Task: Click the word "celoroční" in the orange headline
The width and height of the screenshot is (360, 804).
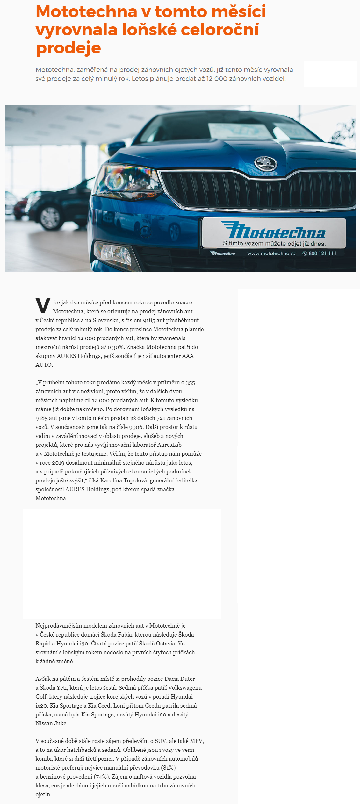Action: (220, 30)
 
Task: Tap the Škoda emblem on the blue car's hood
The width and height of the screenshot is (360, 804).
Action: (265, 164)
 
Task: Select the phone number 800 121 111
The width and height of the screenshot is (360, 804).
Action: (322, 253)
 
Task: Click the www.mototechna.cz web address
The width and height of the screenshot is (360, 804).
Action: (271, 253)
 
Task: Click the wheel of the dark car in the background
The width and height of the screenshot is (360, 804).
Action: (50, 217)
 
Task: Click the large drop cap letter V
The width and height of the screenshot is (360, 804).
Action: (43, 305)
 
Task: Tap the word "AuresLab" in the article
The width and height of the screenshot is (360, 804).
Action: (169, 445)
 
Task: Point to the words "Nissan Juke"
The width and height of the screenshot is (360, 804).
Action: (52, 723)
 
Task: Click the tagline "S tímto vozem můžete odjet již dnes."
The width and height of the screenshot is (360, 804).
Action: (274, 244)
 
